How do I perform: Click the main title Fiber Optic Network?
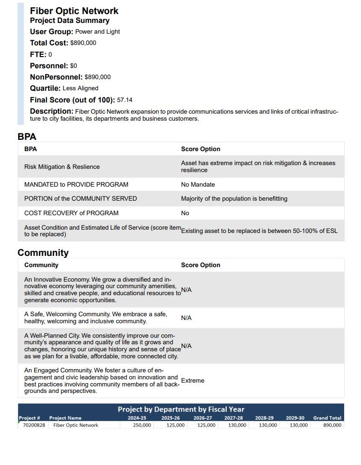coord(74,11)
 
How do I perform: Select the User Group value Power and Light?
coord(97,32)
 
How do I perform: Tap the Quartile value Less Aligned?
coord(80,88)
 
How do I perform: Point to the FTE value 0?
coord(50,55)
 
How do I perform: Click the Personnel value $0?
coord(73,66)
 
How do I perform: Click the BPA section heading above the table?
coord(27,137)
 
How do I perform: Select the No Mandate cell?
coord(198,185)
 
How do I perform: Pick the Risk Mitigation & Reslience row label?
coord(62,167)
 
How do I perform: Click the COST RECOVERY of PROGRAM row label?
coord(71,213)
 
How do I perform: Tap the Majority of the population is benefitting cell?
coord(234,199)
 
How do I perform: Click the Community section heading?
coord(43,253)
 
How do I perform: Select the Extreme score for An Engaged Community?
coord(193,381)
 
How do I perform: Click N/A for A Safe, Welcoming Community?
coord(186,318)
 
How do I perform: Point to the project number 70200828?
coord(34,425)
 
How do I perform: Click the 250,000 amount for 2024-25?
coord(142,425)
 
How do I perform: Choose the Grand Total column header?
coord(327,418)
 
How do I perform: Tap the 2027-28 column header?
coord(233,418)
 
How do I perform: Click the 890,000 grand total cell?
coord(332,425)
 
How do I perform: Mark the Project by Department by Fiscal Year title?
coord(180,409)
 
